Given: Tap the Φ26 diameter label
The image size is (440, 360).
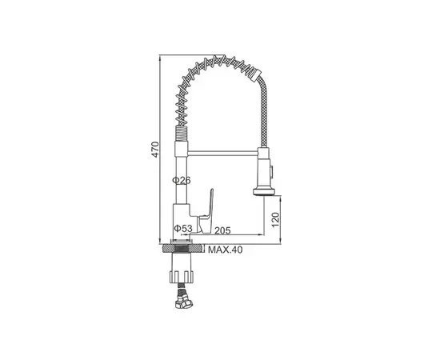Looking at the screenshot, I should pyautogui.click(x=183, y=181).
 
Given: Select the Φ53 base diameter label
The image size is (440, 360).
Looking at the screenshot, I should pyautogui.click(x=183, y=230).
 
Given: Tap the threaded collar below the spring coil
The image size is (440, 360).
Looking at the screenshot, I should pyautogui.click(x=181, y=135).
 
